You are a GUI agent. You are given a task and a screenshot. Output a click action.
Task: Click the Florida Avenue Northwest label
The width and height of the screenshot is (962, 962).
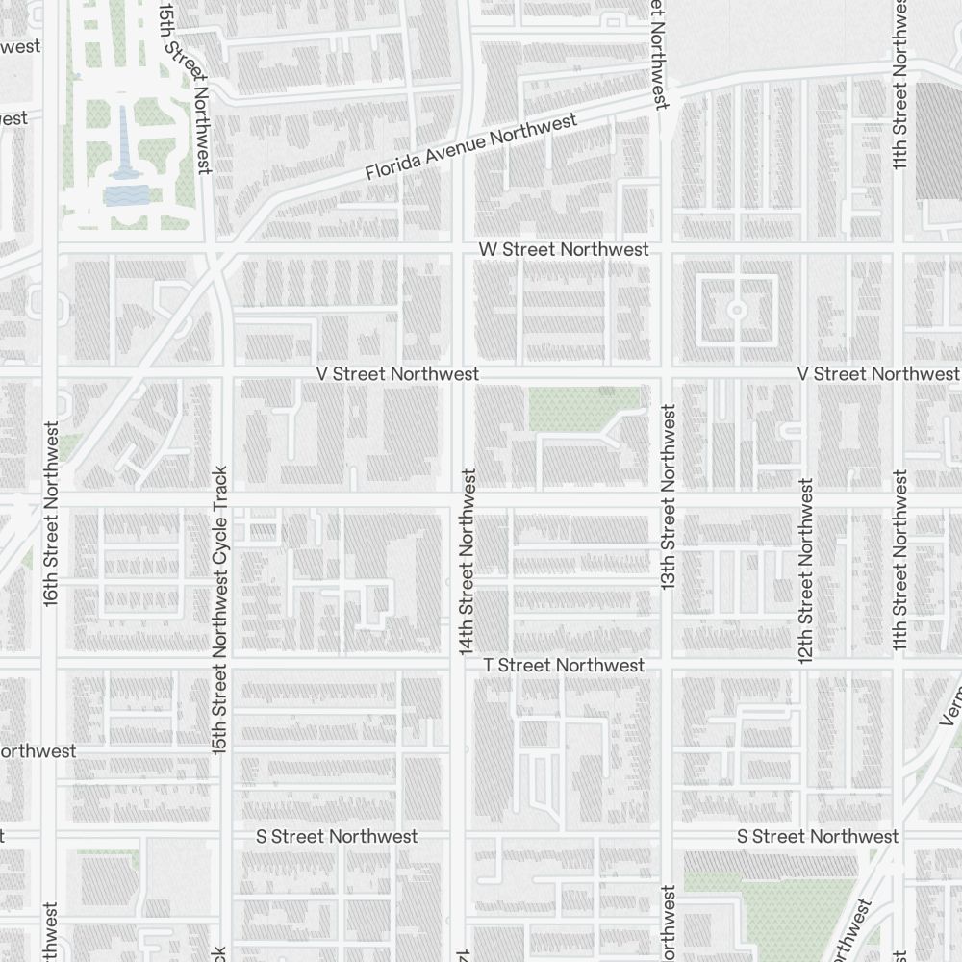pos(471,146)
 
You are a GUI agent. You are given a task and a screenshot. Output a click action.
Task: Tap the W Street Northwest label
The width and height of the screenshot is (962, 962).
pos(564,249)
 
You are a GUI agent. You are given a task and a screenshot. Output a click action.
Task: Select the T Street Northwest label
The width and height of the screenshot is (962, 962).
pos(564,665)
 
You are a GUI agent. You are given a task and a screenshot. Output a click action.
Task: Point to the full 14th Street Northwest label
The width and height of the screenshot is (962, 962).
pos(468,562)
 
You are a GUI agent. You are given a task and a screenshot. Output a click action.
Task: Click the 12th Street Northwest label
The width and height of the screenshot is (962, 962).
pos(805,570)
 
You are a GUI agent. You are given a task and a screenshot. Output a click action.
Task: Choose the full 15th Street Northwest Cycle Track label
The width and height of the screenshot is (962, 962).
pos(220,610)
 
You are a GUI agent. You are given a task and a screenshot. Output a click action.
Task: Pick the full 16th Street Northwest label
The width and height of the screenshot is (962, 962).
pos(51,512)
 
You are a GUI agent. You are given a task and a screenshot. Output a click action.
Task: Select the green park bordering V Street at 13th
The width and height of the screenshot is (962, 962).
pos(583,408)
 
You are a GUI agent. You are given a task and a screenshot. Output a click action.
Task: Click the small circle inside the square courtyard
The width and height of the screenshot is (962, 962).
pos(737,310)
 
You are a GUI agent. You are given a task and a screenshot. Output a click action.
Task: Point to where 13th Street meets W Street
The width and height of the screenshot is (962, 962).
pos(664,249)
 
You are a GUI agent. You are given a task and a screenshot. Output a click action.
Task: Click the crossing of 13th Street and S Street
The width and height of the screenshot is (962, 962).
pos(666,836)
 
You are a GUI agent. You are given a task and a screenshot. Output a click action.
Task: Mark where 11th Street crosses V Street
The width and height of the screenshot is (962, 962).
pos(899,372)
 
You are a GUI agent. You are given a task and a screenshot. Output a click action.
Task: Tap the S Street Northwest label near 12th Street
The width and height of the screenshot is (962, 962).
pos(818,836)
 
